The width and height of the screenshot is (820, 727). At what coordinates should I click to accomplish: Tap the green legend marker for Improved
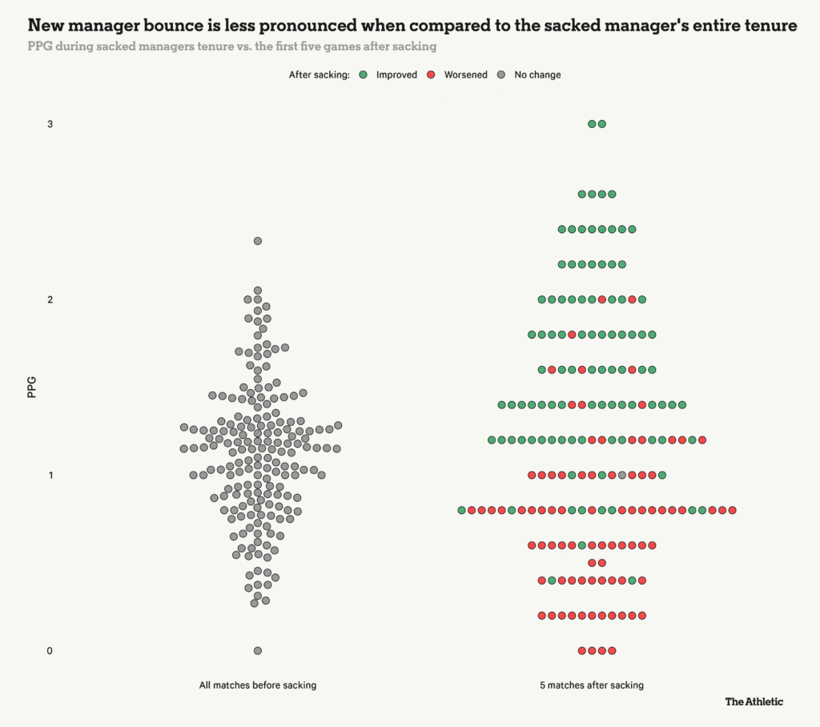click(x=363, y=74)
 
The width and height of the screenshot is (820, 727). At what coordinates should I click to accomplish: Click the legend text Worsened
click(x=465, y=74)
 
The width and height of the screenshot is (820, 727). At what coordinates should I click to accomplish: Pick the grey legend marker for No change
click(x=500, y=74)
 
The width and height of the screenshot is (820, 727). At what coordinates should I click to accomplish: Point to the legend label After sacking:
click(x=320, y=74)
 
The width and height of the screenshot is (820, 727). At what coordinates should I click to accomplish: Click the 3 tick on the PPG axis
click(x=50, y=124)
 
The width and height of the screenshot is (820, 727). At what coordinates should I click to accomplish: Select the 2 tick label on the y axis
click(x=50, y=299)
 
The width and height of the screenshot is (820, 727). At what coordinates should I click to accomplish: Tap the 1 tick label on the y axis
click(x=50, y=476)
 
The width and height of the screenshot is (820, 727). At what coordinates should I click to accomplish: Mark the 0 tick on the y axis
click(x=50, y=651)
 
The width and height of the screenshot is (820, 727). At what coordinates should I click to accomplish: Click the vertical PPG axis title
click(x=32, y=388)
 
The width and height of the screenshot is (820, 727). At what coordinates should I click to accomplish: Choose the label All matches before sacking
click(x=258, y=685)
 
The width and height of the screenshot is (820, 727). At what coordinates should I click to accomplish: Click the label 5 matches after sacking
click(x=592, y=685)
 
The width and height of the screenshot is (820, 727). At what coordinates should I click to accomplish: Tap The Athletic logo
click(x=754, y=702)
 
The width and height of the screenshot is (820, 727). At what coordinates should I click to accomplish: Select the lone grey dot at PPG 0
click(x=258, y=651)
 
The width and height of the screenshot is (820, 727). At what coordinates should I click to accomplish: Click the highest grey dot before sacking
click(x=258, y=241)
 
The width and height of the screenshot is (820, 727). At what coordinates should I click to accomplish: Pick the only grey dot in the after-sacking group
click(x=622, y=476)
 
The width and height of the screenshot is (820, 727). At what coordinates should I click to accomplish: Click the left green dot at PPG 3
click(x=592, y=124)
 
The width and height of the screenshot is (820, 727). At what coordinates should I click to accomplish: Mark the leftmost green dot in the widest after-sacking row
click(x=461, y=510)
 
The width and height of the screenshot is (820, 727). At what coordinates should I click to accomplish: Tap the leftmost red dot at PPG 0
click(x=582, y=651)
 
